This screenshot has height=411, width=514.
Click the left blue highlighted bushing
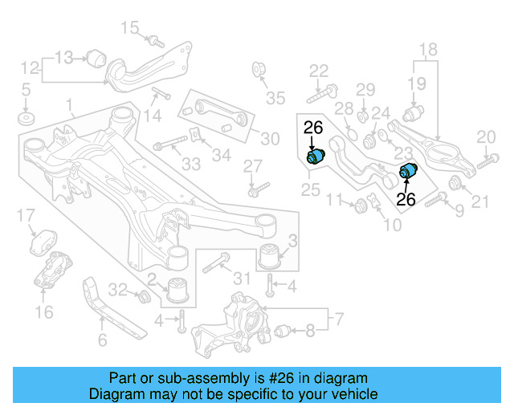[316, 154]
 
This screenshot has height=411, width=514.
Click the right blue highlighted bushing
[410, 171]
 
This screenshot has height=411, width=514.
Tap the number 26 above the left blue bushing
[313, 126]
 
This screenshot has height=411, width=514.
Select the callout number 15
[129, 29]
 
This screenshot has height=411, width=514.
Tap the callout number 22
[319, 70]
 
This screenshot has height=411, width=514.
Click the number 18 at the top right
[427, 49]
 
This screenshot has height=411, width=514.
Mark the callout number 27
[253, 166]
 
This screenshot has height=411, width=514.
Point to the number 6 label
[102, 340]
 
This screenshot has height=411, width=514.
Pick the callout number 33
[190, 165]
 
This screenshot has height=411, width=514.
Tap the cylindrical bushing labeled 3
[272, 255]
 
